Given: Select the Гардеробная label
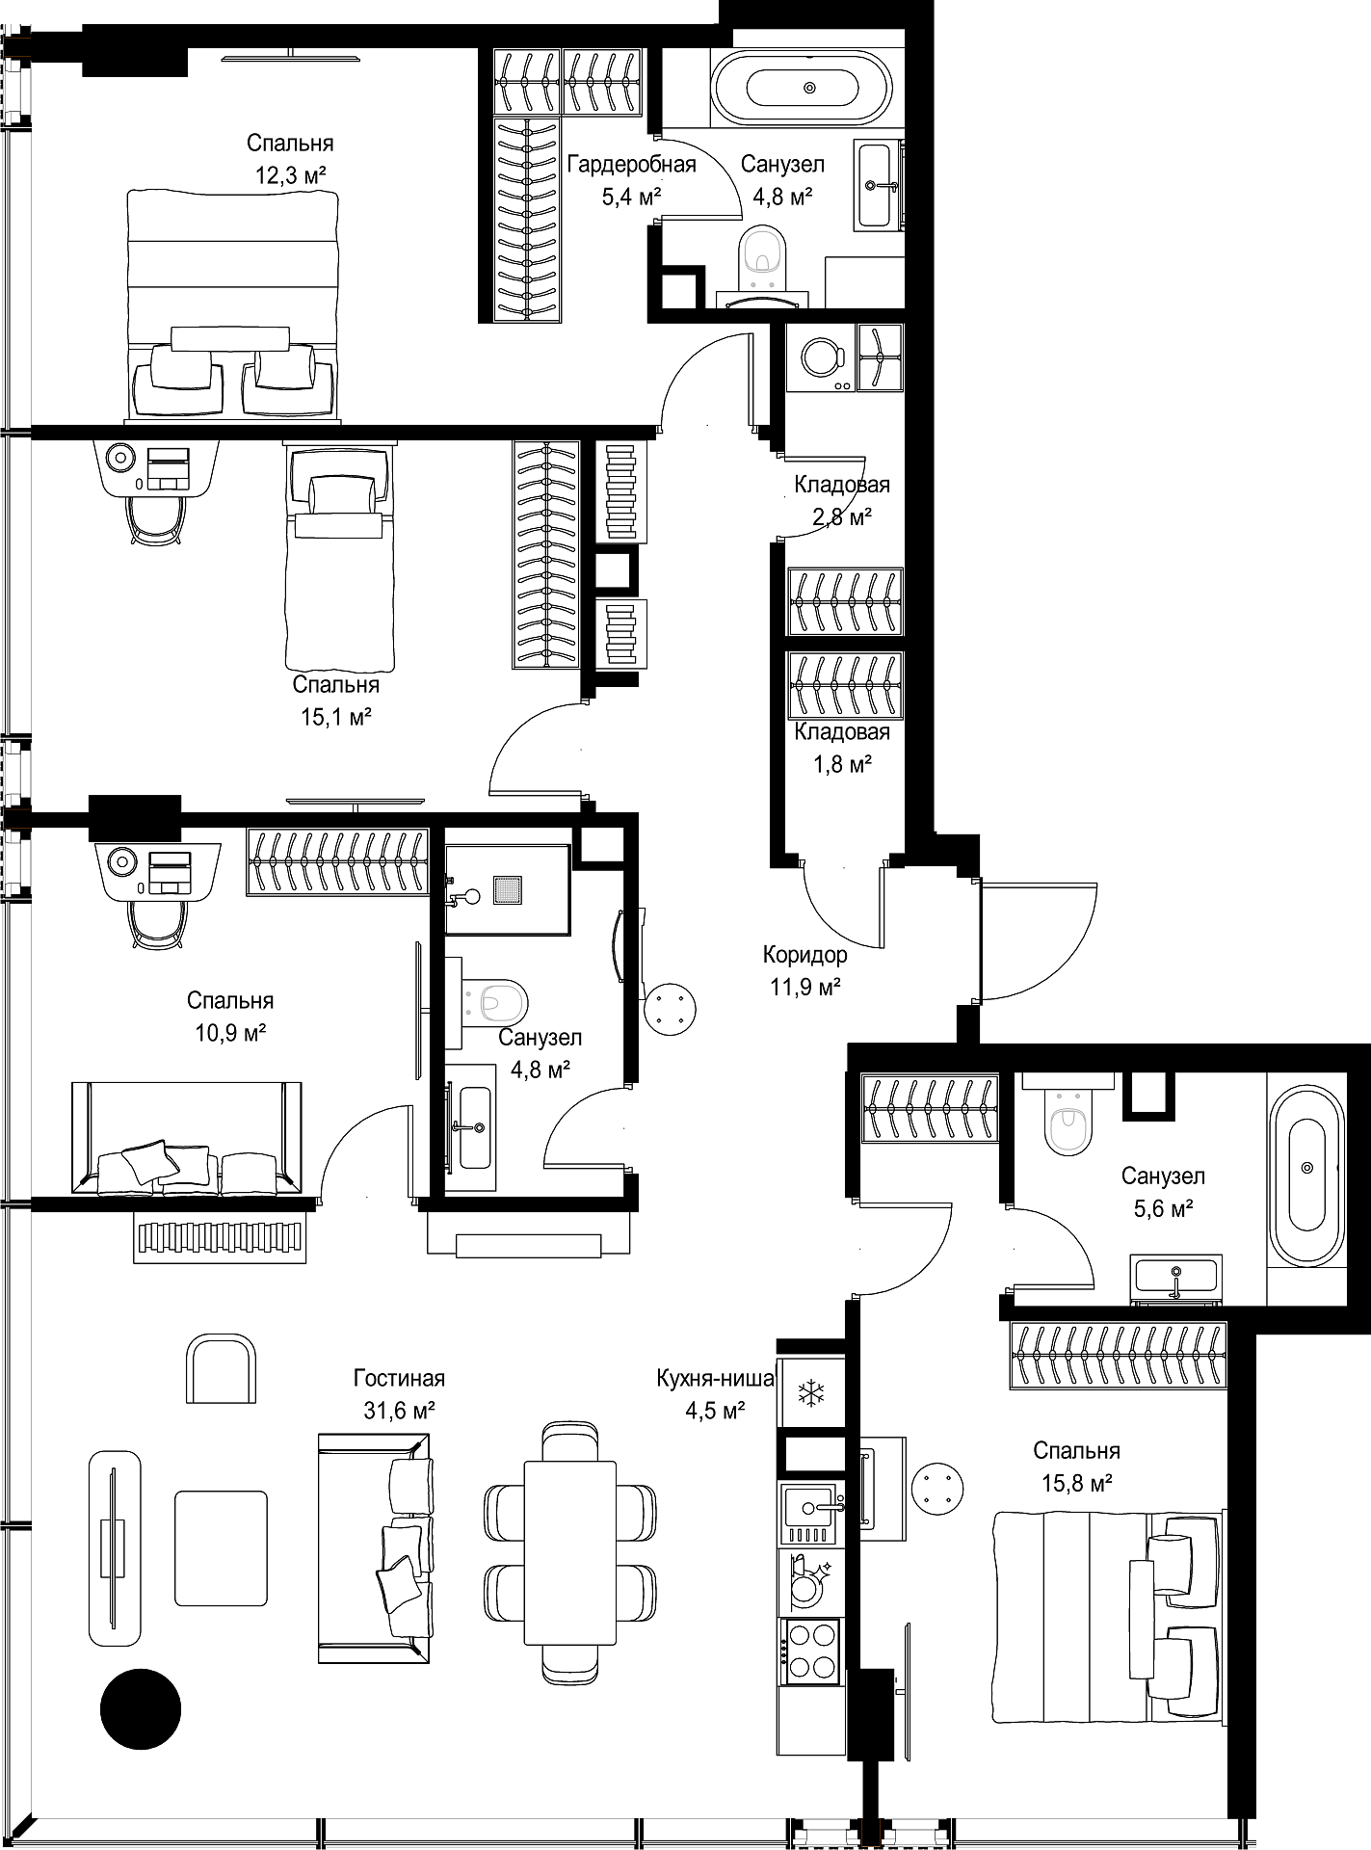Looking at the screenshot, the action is (631, 164).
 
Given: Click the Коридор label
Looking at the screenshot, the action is (805, 955).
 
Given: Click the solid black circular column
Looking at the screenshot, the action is (141, 1709).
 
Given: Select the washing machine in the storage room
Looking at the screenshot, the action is (821, 357).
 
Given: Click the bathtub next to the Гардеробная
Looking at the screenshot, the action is (809, 87).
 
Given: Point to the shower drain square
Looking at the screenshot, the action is (508, 889).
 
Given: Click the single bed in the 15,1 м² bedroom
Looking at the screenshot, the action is (341, 557).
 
